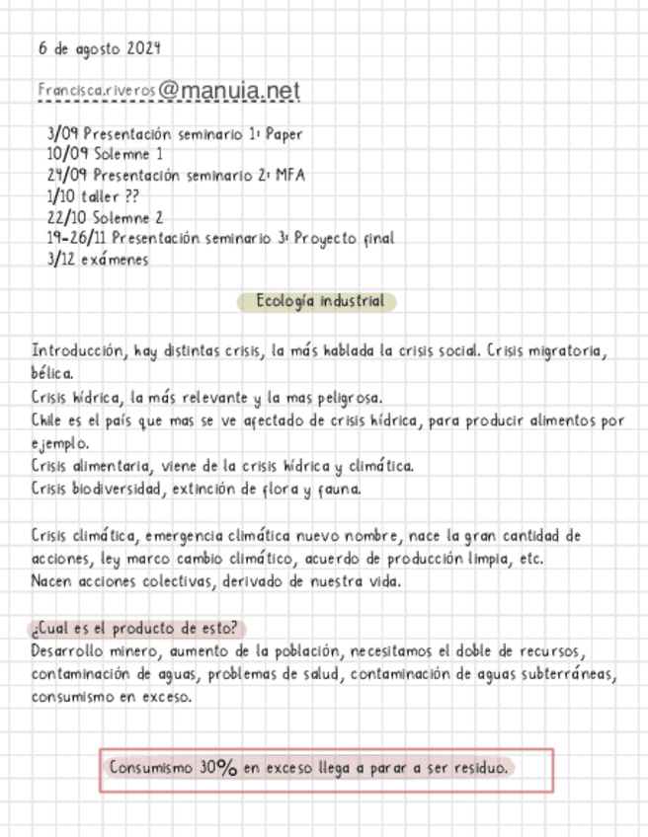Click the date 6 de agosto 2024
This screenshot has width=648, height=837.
tap(100, 47)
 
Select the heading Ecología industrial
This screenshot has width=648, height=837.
tap(318, 302)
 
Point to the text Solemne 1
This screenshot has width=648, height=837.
tap(129, 154)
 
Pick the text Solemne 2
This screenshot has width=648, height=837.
tap(130, 217)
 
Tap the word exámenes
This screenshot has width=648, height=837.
tap(116, 260)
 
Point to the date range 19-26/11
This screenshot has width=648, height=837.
tap(77, 238)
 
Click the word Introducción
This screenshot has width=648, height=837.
tap(78, 351)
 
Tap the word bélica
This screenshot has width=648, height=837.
tap(51, 373)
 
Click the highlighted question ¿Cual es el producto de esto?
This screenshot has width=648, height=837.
tap(135, 629)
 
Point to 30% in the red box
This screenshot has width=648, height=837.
tap(217, 767)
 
